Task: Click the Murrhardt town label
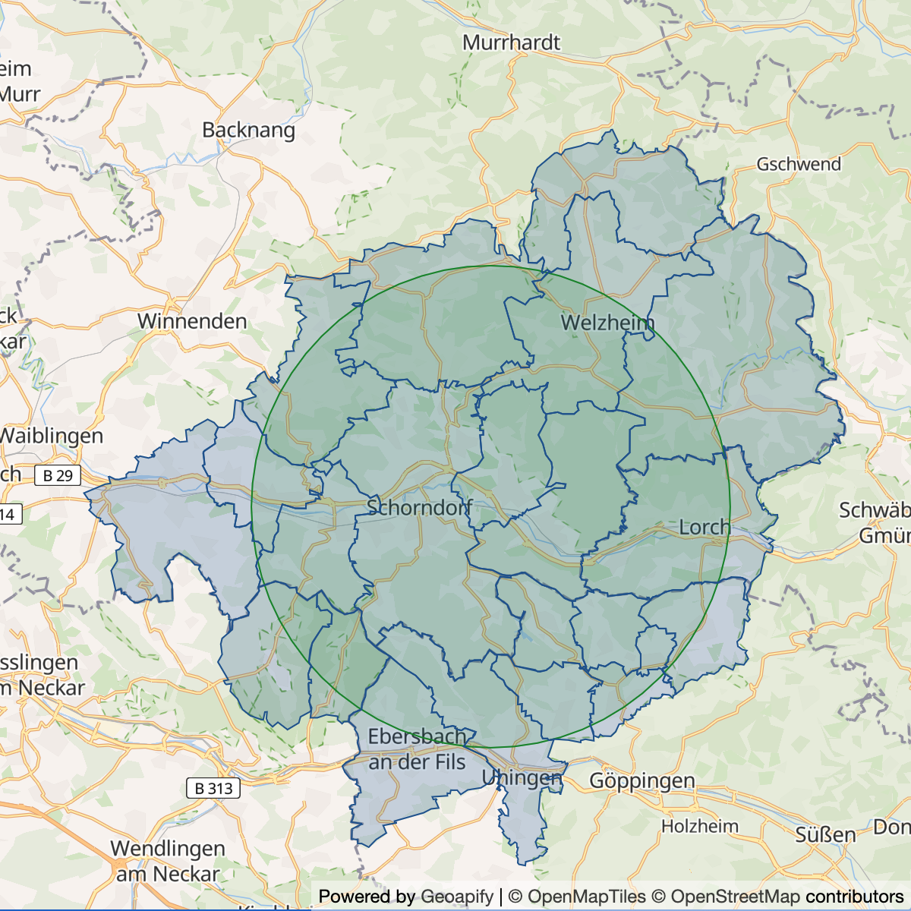tap(511, 43)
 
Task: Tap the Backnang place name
tap(248, 131)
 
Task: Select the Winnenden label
tap(192, 321)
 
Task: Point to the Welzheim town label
tap(607, 323)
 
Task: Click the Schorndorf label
tap(420, 507)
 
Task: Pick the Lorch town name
tap(705, 527)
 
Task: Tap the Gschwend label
tap(799, 164)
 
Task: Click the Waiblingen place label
tap(52, 436)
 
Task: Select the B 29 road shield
tap(58, 476)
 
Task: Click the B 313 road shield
tap(213, 788)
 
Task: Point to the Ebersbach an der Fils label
tap(417, 749)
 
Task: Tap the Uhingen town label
tap(522, 778)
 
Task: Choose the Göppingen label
tap(642, 780)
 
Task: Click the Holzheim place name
tap(699, 826)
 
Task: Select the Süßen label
tap(825, 835)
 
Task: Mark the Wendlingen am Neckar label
tap(168, 861)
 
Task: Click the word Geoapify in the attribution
tap(457, 897)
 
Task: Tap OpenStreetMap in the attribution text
tap(735, 897)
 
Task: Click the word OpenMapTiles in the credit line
tap(586, 897)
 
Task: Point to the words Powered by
tap(367, 897)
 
